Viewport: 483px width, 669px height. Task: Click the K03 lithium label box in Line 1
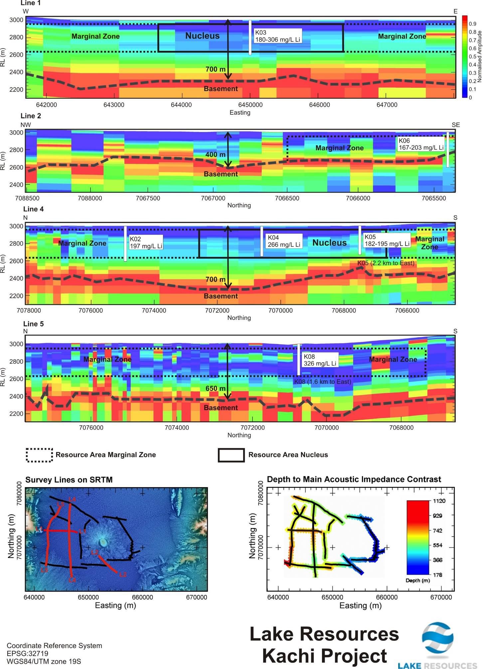(277, 36)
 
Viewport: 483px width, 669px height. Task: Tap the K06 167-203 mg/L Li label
(421, 144)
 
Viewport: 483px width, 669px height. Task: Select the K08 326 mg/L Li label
(320, 360)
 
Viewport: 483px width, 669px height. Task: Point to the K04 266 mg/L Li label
(284, 241)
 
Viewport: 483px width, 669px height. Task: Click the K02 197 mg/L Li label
(146, 243)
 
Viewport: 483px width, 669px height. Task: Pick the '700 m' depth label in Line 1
(215, 69)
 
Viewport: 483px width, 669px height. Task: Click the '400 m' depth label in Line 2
(215, 155)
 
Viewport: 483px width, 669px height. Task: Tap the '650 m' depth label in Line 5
(215, 389)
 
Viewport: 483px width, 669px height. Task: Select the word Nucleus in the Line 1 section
(202, 36)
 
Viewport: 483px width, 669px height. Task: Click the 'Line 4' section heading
(33, 209)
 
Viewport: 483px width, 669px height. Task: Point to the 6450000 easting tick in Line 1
(250, 105)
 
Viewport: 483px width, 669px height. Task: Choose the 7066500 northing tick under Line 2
(287, 198)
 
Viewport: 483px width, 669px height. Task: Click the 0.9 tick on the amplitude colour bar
(472, 24)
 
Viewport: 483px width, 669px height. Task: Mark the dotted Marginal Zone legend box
(39, 455)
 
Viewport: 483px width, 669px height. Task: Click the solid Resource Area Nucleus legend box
(231, 455)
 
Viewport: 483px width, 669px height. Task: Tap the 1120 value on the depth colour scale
(439, 501)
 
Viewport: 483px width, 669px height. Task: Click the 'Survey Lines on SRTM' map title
(69, 480)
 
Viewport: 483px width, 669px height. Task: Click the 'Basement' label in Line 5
(221, 408)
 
